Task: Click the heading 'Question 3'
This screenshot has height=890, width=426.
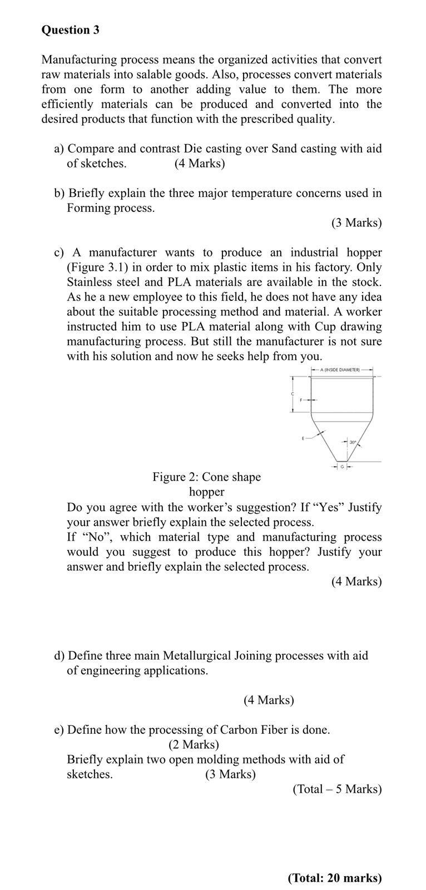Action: (70, 30)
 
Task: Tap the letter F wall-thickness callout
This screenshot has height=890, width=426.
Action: (301, 400)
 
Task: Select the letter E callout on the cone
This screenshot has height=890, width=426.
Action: (303, 438)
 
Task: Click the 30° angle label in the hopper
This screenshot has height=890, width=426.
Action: (353, 442)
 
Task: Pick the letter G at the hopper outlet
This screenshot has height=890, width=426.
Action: (342, 466)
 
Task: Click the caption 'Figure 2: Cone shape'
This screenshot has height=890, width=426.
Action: (206, 477)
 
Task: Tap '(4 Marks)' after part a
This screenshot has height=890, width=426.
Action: (200, 164)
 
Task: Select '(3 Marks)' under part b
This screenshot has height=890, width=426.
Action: (356, 222)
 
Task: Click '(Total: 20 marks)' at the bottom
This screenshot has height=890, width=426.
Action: (335, 878)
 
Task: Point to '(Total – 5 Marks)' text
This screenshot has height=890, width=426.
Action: (337, 789)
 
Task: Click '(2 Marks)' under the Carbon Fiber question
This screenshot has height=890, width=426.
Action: (194, 744)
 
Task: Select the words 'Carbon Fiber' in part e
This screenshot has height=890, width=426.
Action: (252, 729)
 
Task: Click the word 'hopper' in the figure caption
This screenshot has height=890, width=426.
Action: (206, 492)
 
